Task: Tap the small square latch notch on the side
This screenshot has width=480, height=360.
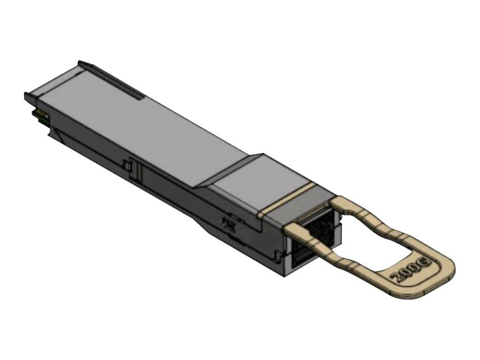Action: (x=127, y=166)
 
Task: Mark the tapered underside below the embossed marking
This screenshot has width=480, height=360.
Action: (x=220, y=234)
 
